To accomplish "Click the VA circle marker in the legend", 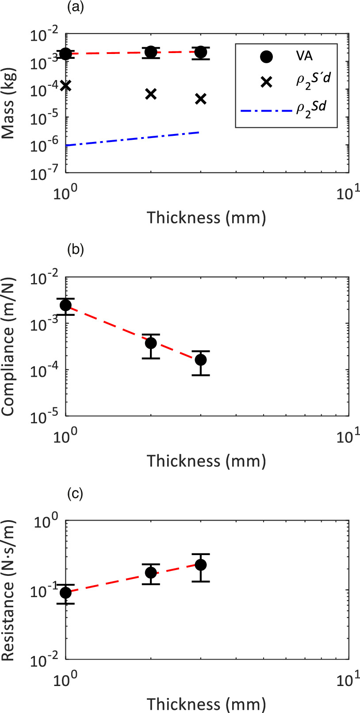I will tap(266, 57).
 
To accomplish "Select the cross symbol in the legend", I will tap(266, 82).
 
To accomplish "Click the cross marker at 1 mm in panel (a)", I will tap(65, 85).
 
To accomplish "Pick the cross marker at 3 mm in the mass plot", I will tap(201, 99).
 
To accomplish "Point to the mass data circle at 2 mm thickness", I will tap(151, 52).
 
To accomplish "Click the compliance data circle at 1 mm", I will tap(65, 305).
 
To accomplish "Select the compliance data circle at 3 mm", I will tap(201, 360).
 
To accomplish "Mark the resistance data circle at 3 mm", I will tap(201, 565).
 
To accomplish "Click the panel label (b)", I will tap(75, 249).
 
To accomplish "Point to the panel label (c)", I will tap(75, 493).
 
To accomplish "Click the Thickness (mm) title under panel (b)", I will tap(207, 461).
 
